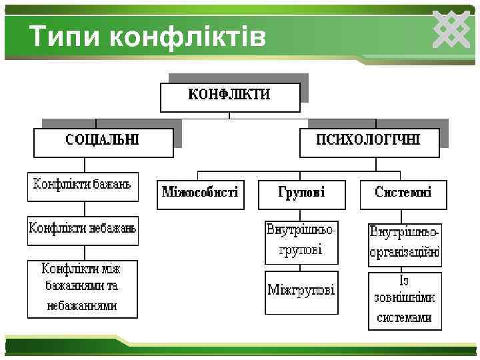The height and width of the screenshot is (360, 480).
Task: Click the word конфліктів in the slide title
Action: tap(187, 37)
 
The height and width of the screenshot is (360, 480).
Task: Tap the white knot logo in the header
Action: tap(452, 30)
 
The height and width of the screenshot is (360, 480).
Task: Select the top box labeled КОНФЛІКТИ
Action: tap(229, 96)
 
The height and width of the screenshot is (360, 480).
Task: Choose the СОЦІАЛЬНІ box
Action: tap(103, 141)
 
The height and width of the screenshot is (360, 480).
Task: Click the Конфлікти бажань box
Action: tap(83, 187)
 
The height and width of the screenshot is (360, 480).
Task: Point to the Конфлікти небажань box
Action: tap(83, 230)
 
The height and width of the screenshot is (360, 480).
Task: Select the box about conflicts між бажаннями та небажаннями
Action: tap(83, 288)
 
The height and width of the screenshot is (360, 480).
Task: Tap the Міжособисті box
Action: tap(200, 194)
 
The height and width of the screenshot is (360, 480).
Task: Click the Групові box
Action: tap(301, 194)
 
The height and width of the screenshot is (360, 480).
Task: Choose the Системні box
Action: tap(403, 194)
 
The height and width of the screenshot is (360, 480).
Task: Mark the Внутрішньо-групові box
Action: tap(301, 241)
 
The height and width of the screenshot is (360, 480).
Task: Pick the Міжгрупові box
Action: tap(301, 291)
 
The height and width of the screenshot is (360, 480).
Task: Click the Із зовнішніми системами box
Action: tap(405, 300)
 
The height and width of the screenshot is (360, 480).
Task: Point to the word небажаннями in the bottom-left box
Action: tap(82, 306)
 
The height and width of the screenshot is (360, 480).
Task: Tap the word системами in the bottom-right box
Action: tap(405, 318)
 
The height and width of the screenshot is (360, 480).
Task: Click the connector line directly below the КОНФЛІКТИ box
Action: tap(229, 116)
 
